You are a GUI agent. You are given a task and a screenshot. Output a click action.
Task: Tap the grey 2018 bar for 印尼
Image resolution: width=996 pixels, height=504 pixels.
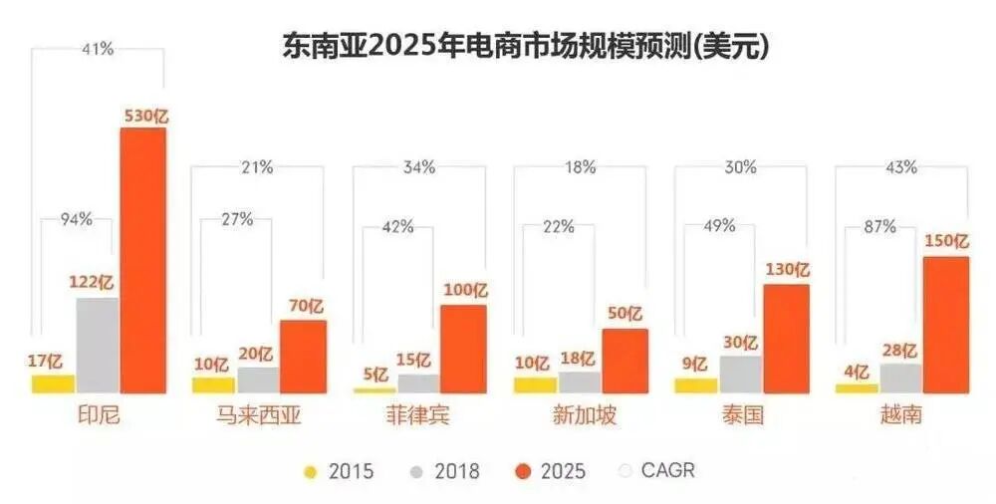point(97,345)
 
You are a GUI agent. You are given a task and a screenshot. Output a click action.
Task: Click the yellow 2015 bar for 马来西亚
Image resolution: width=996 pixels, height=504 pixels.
point(212,384)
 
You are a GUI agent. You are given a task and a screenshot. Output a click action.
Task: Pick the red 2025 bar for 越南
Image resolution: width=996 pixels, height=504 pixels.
point(945,324)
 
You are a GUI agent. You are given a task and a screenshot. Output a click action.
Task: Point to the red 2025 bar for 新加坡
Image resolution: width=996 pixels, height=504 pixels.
point(624,361)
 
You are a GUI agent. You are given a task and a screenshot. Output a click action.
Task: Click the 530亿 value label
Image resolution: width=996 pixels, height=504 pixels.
point(145,116)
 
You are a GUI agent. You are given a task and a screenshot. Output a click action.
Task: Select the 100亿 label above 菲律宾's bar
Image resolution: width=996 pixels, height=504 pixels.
point(464,292)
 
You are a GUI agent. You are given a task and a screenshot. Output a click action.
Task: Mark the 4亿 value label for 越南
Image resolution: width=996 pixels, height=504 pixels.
point(857,371)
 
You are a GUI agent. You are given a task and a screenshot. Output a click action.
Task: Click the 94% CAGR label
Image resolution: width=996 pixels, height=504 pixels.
point(76,219)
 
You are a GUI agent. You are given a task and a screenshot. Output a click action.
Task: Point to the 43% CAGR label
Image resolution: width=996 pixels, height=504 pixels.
point(901,167)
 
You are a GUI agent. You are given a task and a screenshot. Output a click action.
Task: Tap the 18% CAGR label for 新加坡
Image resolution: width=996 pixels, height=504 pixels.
point(580,167)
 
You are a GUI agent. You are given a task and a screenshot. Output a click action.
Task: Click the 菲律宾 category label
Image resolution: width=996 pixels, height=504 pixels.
point(419,415)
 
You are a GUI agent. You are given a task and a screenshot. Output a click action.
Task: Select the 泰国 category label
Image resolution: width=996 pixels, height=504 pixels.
point(741,415)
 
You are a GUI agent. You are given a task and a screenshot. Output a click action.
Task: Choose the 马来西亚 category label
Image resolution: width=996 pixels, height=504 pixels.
point(258,415)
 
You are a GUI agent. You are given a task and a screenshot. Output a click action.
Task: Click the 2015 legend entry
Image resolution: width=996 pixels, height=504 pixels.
point(339,471)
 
